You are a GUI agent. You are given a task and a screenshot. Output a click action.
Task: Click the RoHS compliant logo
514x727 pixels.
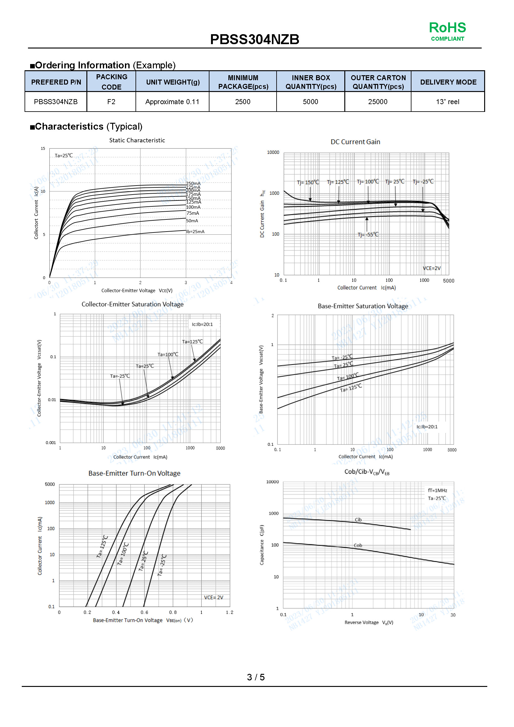[x=447, y=31]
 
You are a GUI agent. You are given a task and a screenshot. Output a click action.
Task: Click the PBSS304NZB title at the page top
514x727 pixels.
[x=255, y=39]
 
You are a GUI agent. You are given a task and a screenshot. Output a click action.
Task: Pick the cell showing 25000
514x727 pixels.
[x=378, y=102]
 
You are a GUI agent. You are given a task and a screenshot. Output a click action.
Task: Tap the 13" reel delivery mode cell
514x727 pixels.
[x=447, y=102]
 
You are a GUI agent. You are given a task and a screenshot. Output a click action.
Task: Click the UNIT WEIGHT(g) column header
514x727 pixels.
[x=172, y=82]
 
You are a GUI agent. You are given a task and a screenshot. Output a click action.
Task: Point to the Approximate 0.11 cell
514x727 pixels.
[x=172, y=102]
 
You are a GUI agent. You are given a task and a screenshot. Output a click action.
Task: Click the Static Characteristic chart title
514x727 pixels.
[x=137, y=140]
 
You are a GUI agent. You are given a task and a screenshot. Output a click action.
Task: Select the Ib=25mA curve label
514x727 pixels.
[x=195, y=232]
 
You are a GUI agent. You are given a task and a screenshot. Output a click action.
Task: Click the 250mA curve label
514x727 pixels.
[x=193, y=183]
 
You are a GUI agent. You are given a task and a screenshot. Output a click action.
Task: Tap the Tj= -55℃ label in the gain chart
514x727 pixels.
[x=368, y=235]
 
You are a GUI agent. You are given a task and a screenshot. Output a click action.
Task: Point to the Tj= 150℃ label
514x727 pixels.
[x=308, y=182]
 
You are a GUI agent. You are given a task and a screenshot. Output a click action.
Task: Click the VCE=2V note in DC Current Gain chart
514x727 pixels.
[x=432, y=268]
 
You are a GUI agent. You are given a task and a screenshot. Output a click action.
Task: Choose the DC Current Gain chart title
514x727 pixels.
[x=356, y=142]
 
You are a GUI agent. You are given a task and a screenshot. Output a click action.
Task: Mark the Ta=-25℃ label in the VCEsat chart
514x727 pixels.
[x=120, y=376]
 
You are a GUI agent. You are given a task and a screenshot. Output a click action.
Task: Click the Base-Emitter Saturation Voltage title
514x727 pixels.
[x=363, y=306]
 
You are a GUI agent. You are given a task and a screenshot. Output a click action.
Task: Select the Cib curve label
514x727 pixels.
[x=358, y=520]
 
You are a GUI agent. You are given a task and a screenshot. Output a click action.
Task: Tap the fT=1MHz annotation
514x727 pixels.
[x=438, y=490]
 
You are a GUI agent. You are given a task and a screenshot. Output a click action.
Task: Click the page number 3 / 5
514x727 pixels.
[x=256, y=677]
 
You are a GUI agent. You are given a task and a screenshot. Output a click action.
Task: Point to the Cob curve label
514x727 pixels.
[x=358, y=545]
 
